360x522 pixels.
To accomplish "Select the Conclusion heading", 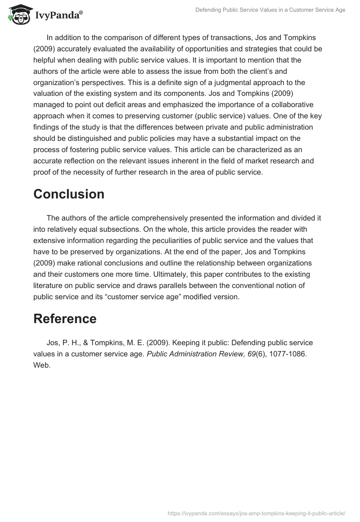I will click(69, 194).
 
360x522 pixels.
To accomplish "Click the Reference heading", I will click(65, 319).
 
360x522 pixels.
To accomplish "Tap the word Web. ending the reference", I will click(42, 365).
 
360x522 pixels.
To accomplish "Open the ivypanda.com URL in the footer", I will click(255, 513).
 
